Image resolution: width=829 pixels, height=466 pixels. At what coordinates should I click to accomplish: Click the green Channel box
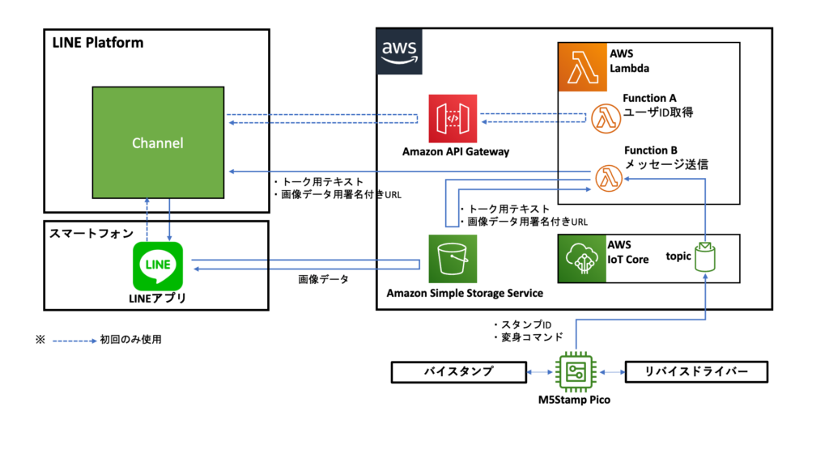point(159,142)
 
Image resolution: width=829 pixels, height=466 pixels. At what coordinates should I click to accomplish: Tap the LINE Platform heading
point(97,42)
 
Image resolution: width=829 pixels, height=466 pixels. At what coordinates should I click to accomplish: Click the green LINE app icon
point(158,265)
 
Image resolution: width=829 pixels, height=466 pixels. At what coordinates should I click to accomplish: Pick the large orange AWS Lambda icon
point(582,67)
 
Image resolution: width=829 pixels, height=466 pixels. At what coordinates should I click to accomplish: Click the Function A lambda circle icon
point(606,118)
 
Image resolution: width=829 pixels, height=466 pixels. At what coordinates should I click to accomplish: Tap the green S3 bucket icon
point(453,259)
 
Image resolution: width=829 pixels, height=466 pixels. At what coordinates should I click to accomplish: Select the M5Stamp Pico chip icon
point(575,371)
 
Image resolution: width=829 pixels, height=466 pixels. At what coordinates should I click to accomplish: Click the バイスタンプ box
point(458,372)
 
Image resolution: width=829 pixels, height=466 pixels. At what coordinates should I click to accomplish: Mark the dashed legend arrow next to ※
point(74,340)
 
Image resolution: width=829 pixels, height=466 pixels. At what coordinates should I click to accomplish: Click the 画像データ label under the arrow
point(324,280)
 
